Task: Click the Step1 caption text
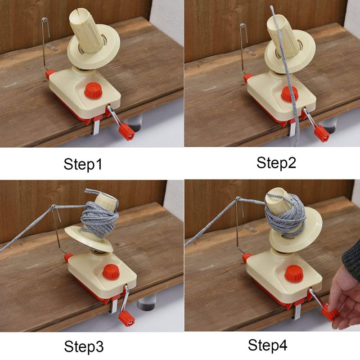[83, 164]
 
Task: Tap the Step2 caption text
[276, 163]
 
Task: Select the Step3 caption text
[84, 346]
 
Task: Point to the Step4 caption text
[267, 345]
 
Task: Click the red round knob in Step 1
[93, 90]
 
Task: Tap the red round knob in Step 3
[111, 272]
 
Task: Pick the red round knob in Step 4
[294, 274]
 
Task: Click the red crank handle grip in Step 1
[126, 132]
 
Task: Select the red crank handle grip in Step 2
[322, 134]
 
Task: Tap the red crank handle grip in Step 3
[126, 319]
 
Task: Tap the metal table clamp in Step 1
[96, 127]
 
